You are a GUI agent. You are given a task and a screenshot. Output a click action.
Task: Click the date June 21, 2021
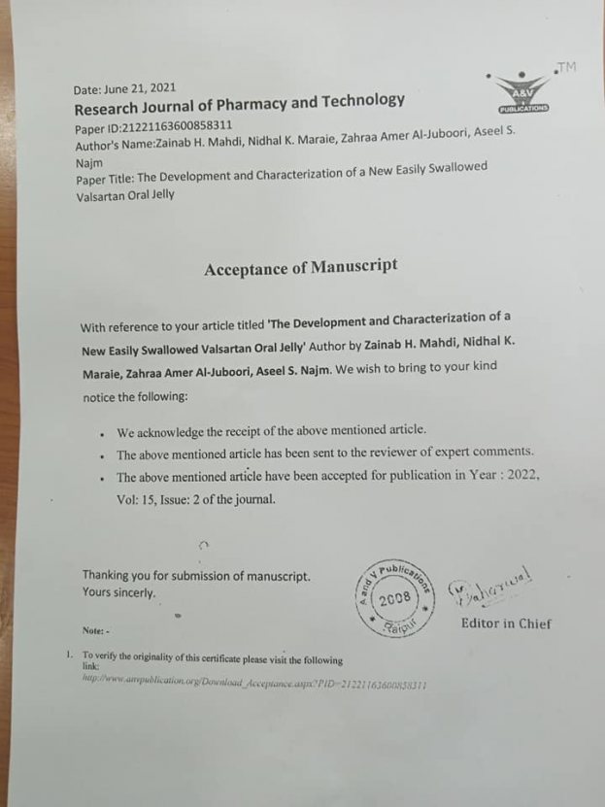[125, 88]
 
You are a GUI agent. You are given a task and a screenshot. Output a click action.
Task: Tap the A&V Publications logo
[521, 90]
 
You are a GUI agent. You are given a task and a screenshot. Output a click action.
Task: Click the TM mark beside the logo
[566, 67]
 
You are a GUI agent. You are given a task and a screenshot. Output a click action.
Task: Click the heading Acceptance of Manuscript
[300, 268]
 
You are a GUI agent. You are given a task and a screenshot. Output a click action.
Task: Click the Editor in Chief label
[505, 623]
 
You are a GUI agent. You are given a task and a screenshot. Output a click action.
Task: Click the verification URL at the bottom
[254, 684]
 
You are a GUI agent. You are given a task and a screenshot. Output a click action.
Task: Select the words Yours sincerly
[118, 592]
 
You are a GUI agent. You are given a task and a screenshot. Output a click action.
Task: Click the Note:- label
[96, 630]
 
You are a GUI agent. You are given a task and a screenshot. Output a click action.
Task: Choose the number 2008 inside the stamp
[395, 599]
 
